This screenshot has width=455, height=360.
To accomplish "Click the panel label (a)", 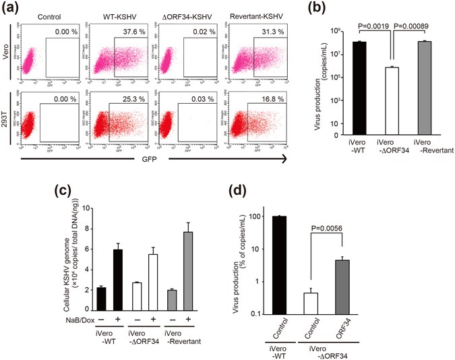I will [14, 8].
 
